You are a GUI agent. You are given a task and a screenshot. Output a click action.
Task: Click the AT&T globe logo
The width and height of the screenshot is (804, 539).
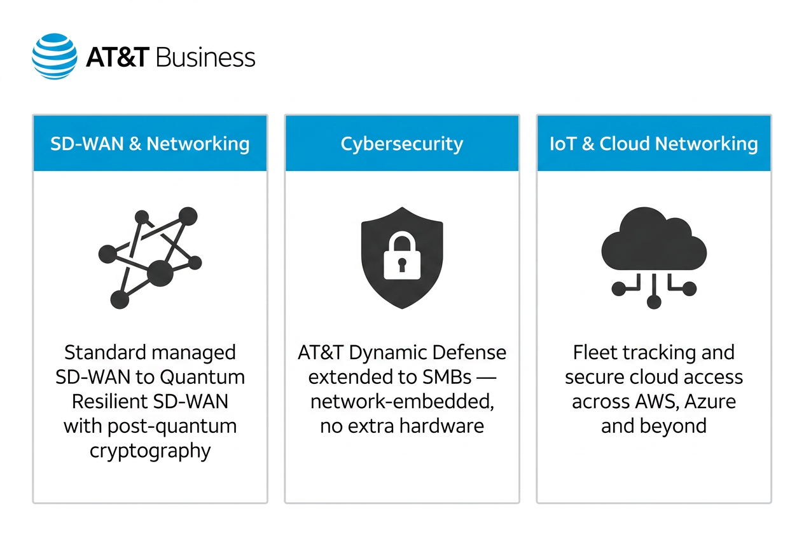55,57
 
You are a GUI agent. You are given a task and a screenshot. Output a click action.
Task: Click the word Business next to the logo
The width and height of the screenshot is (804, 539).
205,57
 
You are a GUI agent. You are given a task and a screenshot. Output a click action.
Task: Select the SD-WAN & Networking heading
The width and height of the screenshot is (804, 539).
150,144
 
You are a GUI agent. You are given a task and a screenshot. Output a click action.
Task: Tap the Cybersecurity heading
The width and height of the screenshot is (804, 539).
402,144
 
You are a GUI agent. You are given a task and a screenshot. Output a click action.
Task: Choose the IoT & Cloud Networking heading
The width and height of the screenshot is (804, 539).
654,144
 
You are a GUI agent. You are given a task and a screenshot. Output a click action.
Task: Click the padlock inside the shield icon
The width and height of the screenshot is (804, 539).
402,256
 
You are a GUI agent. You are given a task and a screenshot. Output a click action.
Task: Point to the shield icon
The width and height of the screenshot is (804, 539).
402,258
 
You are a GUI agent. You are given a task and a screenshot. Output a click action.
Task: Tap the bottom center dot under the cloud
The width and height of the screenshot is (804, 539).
654,301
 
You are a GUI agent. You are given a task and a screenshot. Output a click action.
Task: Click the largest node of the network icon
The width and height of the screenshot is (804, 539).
160,273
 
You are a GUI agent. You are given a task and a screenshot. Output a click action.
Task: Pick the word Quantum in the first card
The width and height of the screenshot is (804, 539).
202,378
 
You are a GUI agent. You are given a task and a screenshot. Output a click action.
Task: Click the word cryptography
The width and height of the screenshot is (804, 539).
150,451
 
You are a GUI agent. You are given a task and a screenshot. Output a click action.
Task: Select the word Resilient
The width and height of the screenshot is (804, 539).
107,401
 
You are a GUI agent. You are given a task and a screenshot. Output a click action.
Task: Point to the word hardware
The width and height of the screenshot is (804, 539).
442,426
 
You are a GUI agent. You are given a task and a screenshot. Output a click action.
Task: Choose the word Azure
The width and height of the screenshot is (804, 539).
710,402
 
